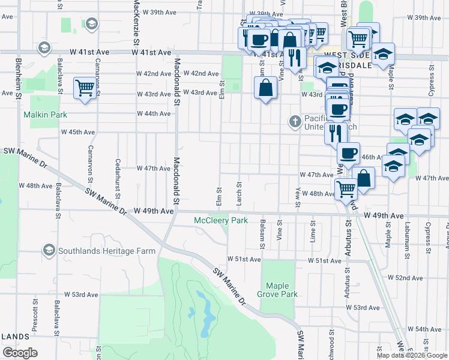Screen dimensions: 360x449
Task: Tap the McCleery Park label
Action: (x=220, y=221)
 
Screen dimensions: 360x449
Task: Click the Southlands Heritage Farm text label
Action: (x=106, y=251)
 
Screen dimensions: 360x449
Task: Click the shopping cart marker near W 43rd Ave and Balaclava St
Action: (x=85, y=88)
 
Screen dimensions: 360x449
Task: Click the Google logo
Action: (x=20, y=353)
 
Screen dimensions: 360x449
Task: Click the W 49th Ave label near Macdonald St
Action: (x=154, y=211)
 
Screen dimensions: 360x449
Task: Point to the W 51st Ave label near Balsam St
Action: (x=244, y=259)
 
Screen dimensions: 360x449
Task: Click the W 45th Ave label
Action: (x=78, y=132)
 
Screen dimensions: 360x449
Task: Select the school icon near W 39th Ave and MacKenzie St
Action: (x=91, y=24)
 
